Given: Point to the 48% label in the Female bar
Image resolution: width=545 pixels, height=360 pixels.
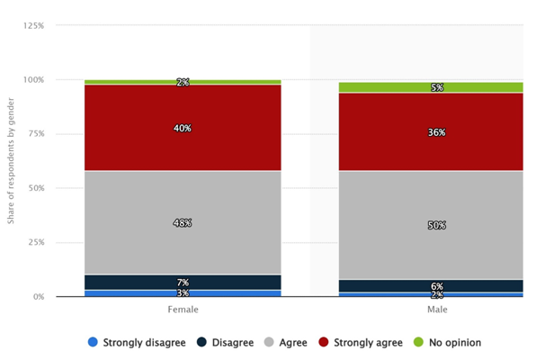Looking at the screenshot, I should click(183, 223).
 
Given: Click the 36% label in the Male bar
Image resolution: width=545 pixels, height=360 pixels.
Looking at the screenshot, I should click(437, 132).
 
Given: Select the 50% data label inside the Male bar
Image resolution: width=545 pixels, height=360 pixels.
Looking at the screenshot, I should click(437, 226).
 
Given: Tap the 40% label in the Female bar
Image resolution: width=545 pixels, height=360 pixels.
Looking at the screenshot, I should click(183, 129).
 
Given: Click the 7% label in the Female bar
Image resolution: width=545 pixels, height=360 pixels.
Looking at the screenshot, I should click(183, 283).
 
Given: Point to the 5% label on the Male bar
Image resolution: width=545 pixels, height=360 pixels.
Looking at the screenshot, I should click(437, 87).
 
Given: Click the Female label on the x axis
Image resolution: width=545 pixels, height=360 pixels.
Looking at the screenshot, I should click(183, 310).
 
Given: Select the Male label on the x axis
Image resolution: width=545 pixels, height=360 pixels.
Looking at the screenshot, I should click(437, 310).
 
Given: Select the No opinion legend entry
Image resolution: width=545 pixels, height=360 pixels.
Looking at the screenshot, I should click(447, 343).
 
